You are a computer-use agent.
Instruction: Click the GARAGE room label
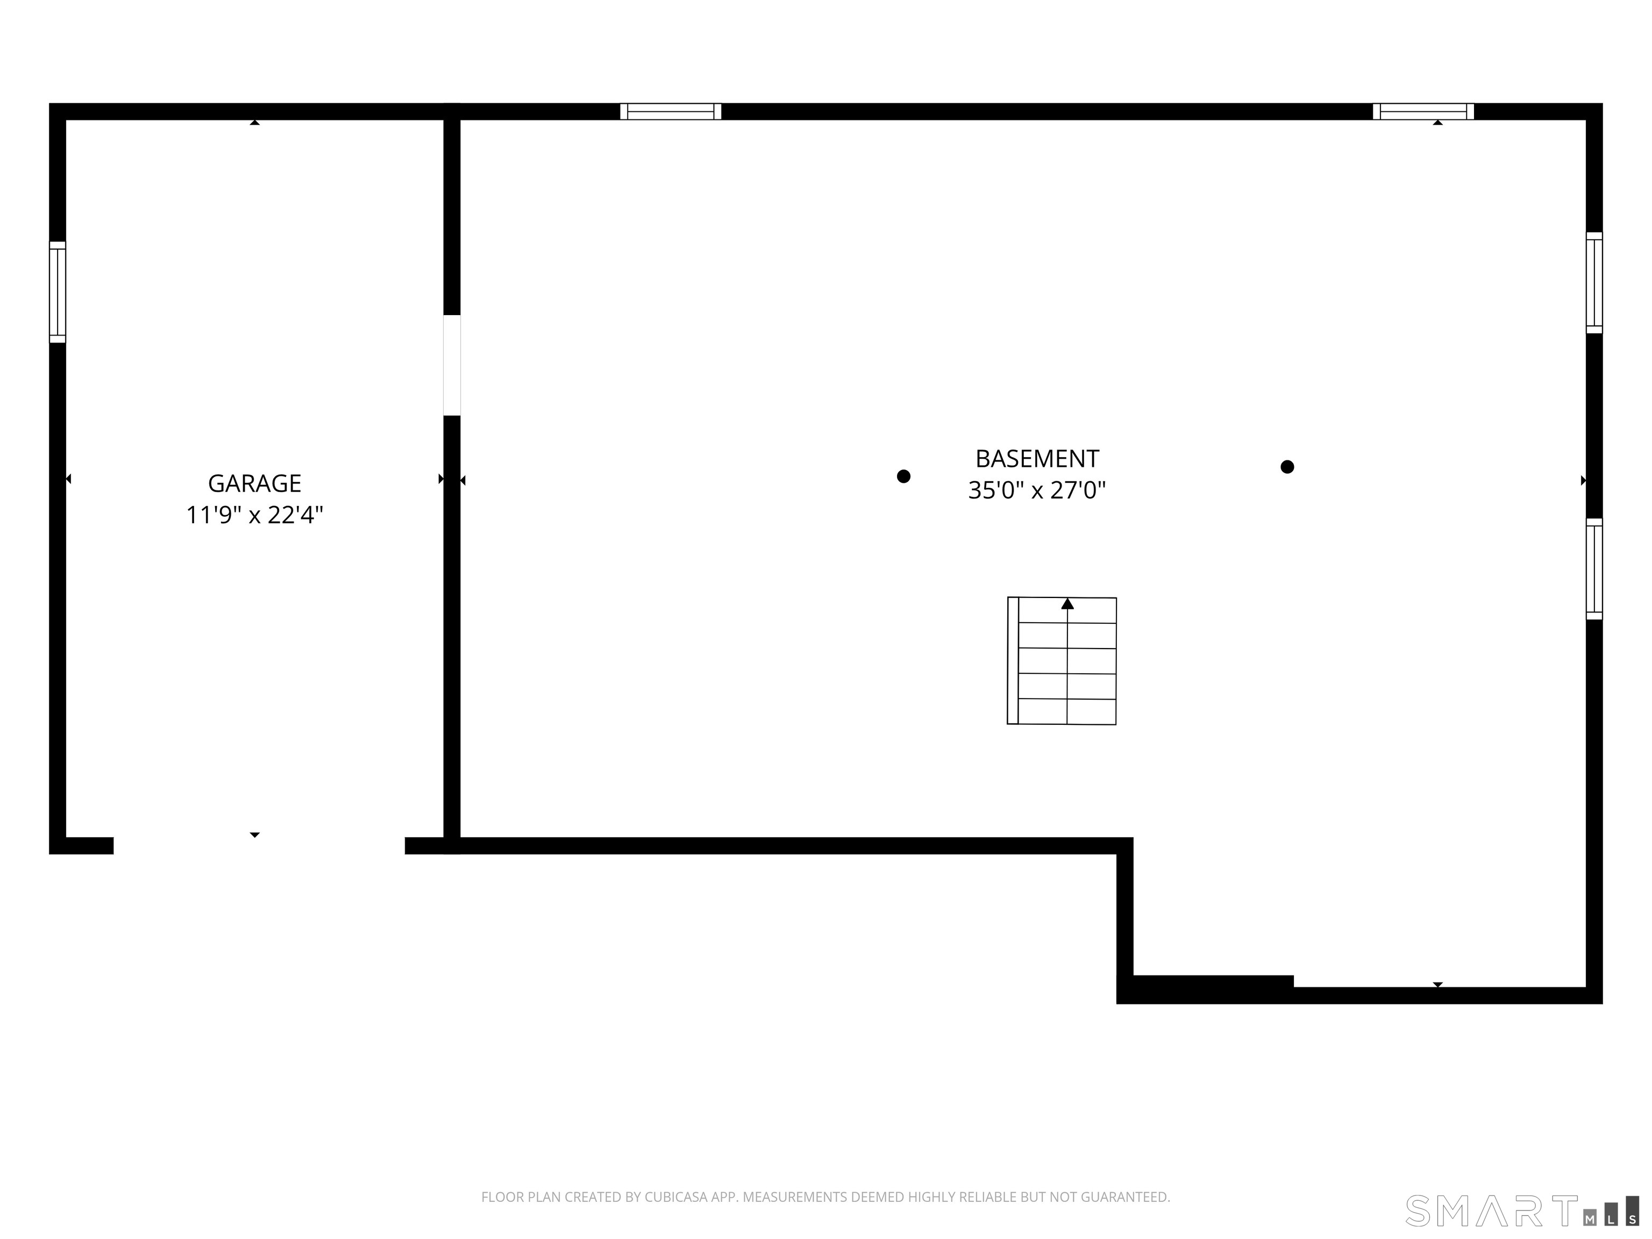point(255,483)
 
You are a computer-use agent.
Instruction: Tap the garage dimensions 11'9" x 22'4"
point(255,515)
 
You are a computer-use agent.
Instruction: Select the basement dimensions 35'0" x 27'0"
point(1037,490)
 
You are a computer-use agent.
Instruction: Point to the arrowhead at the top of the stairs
point(1067,603)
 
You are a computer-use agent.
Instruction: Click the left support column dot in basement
point(903,476)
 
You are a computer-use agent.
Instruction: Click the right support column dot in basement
point(1287,467)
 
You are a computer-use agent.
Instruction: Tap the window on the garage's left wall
point(58,292)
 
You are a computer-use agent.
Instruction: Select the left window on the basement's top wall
point(671,111)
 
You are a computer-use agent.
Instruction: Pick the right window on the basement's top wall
point(1423,111)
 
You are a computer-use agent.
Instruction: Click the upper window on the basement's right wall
point(1594,282)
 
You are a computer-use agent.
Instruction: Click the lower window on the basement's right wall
point(1594,569)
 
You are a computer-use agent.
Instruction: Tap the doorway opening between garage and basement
point(452,365)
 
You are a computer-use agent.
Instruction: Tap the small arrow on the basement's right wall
point(1583,480)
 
